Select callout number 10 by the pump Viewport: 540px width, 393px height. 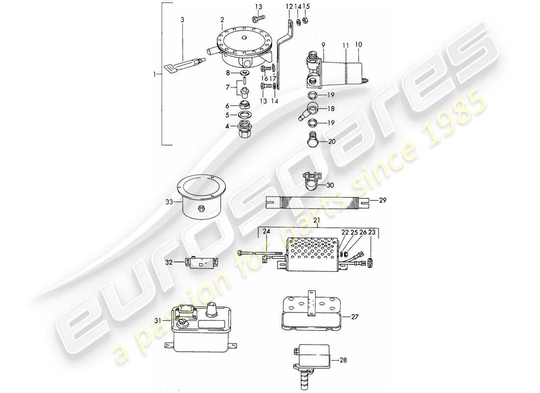(x=358, y=45)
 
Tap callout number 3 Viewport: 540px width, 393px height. (x=182, y=20)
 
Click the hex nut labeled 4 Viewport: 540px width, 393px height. (x=244, y=130)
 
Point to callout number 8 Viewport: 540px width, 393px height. (x=227, y=73)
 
